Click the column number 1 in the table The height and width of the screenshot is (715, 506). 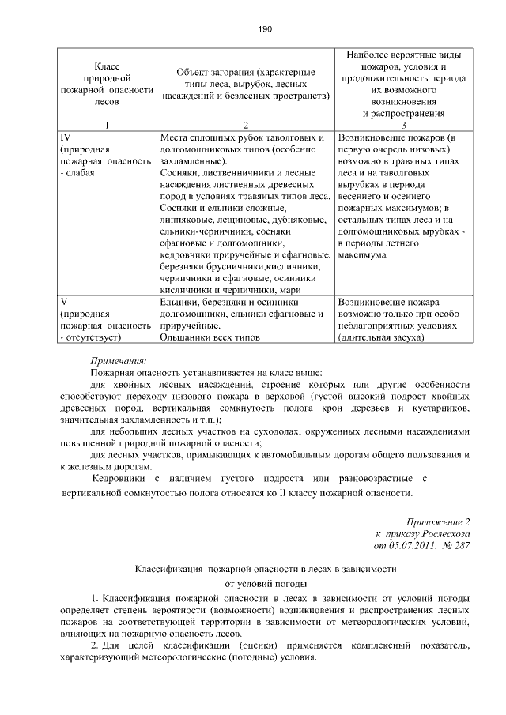click(x=107, y=125)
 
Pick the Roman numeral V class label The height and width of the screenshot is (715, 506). click(x=63, y=302)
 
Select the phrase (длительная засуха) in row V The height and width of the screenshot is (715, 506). click(x=381, y=337)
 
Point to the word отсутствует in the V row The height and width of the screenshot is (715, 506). click(x=91, y=337)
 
